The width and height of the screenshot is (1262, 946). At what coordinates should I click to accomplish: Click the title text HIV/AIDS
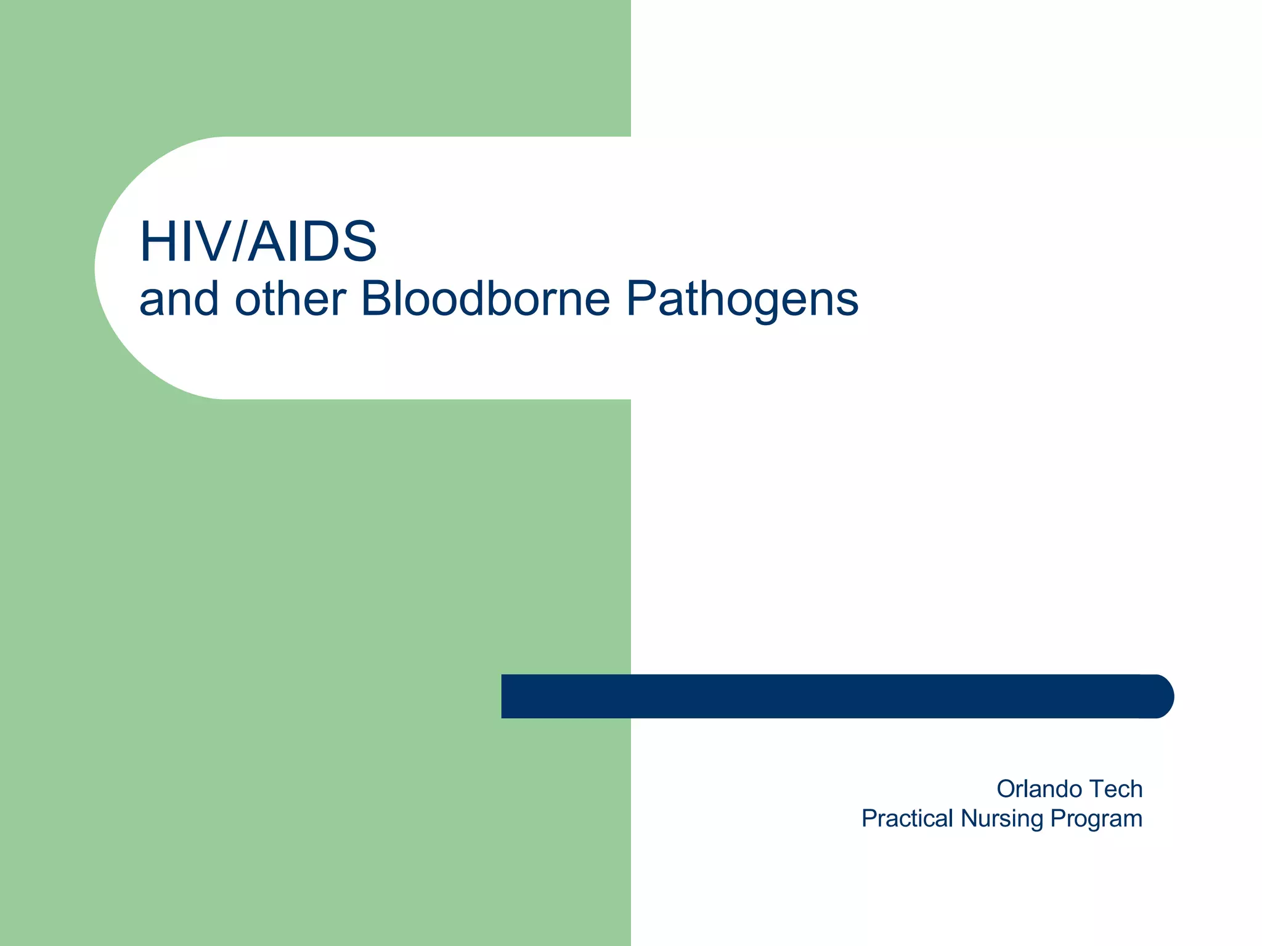tap(258, 241)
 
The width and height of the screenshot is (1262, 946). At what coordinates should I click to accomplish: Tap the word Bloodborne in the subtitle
tap(485, 299)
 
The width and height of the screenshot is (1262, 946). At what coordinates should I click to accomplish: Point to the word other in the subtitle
tap(290, 299)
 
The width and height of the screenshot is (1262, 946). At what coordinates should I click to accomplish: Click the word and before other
tap(179, 301)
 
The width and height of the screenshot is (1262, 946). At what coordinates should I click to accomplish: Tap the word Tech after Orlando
tap(1116, 789)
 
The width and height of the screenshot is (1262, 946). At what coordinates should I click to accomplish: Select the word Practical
tap(907, 819)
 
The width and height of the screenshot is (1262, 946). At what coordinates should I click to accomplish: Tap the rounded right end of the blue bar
tap(1162, 697)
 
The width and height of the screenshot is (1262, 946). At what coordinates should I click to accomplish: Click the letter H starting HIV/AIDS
tap(157, 241)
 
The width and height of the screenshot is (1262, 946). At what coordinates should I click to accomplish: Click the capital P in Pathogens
tap(642, 299)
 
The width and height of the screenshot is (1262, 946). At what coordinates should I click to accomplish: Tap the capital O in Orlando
tap(1007, 789)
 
